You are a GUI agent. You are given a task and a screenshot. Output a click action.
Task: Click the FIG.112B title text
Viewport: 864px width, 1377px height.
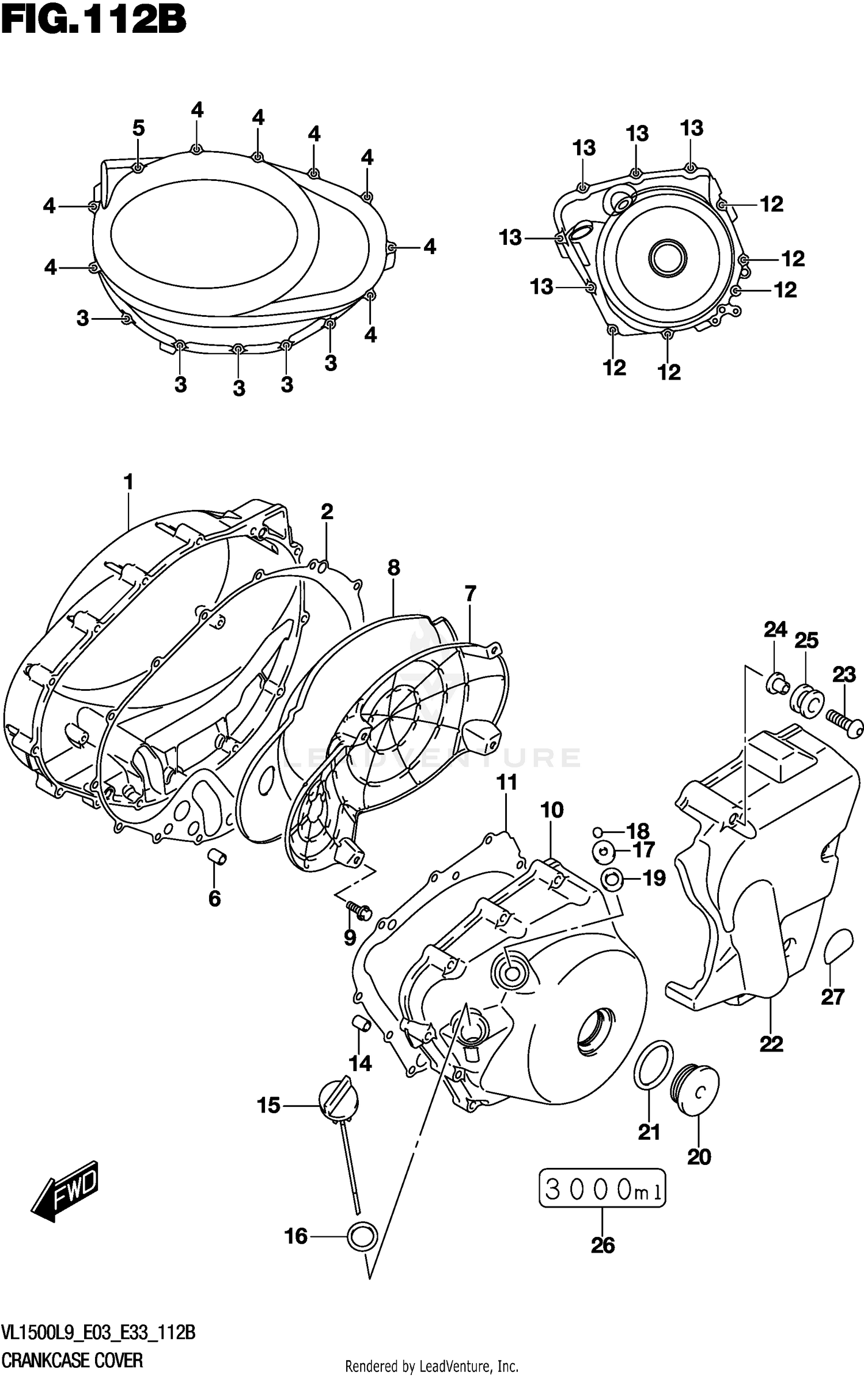[93, 21]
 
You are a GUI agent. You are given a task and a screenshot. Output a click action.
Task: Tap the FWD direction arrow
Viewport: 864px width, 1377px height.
[65, 1193]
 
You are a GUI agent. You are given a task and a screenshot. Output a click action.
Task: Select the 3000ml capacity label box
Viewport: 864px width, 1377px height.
[602, 1187]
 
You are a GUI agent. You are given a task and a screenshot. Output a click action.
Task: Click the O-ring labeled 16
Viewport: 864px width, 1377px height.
[362, 1236]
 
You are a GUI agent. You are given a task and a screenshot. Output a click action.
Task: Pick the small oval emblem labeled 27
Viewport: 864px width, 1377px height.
[839, 945]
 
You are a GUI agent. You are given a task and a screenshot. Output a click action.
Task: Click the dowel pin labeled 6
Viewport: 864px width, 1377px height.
[217, 857]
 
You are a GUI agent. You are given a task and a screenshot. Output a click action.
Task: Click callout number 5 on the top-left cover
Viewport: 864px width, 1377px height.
[138, 128]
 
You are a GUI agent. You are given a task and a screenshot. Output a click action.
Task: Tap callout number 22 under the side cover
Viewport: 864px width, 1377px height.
[771, 1043]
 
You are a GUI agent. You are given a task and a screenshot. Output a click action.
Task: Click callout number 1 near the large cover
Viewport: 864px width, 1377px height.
[128, 482]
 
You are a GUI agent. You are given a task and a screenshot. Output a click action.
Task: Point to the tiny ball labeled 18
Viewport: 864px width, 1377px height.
[598, 831]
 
